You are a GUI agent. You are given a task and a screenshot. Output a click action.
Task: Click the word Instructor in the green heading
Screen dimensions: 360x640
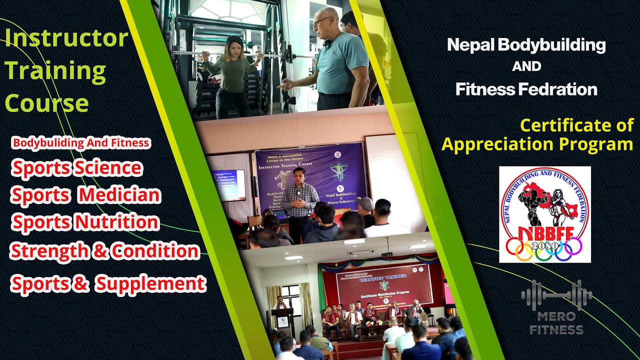(x=66, y=39)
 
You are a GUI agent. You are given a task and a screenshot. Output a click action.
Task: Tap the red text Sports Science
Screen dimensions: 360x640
(x=77, y=168)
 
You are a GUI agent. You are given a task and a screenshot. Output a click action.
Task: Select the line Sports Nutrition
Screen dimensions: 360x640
(x=85, y=222)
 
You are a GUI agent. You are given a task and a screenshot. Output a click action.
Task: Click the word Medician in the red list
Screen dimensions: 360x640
(x=119, y=195)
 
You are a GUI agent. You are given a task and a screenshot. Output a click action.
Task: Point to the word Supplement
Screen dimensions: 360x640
(x=150, y=284)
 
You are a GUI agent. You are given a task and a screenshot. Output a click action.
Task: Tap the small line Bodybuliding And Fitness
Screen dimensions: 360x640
(x=81, y=143)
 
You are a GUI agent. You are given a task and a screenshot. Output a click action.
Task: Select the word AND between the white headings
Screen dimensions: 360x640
(x=526, y=66)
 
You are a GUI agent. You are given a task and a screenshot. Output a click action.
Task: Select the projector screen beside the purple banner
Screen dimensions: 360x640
(x=228, y=185)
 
